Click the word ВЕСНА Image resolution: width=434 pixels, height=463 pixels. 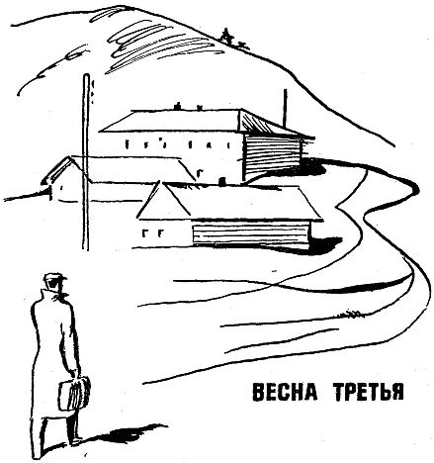[x=285, y=393]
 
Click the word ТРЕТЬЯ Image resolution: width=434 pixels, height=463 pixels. [x=369, y=393]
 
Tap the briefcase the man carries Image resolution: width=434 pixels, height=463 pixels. [x=74, y=394]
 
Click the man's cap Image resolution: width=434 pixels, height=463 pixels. [x=55, y=278]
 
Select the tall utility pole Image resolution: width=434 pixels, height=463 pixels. [x=86, y=161]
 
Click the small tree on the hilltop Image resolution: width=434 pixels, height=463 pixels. [x=226, y=36]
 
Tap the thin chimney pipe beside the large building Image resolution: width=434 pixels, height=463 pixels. [x=285, y=108]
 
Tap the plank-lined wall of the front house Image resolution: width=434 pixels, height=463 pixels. [x=251, y=234]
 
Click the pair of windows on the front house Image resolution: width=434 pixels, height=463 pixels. [x=152, y=233]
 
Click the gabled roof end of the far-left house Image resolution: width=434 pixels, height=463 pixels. [x=61, y=170]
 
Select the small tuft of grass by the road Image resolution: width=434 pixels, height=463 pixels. [x=351, y=315]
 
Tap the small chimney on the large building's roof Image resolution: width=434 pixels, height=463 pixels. [x=178, y=106]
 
